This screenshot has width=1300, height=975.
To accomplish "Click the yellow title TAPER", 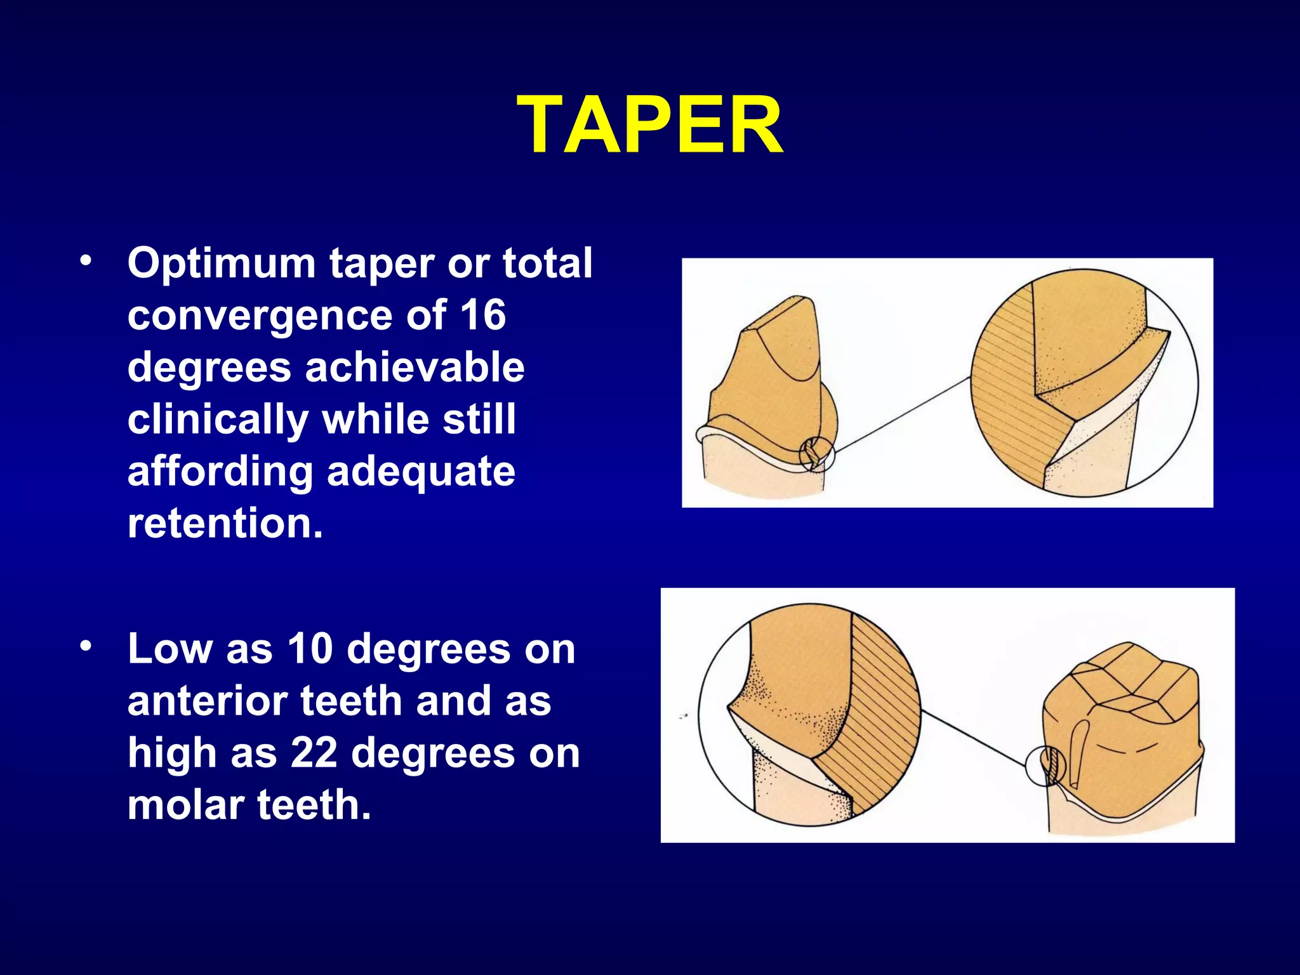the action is [649, 125].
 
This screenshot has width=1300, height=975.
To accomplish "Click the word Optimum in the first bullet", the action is [222, 263].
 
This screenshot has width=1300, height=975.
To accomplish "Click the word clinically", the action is [218, 420].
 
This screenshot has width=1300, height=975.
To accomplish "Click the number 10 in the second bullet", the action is [310, 649].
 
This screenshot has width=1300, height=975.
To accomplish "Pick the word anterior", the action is [208, 701].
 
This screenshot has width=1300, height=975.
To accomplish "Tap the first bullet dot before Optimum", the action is [86, 262].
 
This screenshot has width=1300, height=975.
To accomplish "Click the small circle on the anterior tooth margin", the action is [816, 455].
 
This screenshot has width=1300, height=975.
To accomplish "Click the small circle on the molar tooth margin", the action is [1045, 766].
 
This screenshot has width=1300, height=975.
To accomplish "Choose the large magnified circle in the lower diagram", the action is [809, 715].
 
